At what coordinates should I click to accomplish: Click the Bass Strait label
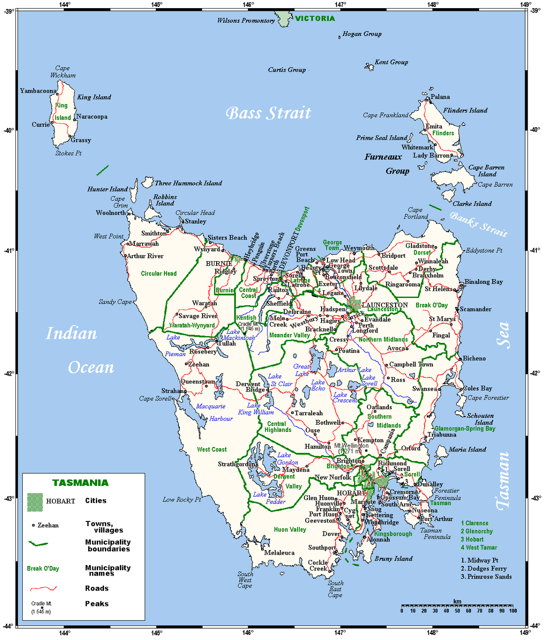click(268, 113)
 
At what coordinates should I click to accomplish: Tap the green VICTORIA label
click(315, 19)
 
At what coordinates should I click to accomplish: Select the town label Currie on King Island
click(40, 124)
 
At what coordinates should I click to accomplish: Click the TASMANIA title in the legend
click(80, 483)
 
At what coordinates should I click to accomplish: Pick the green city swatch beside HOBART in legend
click(35, 502)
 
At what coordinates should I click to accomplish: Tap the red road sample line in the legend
click(43, 589)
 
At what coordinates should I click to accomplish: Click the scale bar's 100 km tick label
click(513, 610)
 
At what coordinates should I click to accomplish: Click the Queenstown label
click(198, 382)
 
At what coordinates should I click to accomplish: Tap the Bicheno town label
click(474, 358)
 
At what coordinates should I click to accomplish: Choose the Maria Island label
click(467, 449)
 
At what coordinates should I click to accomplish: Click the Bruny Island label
click(393, 559)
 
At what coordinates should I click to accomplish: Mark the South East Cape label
click(335, 589)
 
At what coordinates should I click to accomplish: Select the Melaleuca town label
click(279, 553)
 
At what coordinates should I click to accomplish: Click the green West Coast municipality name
click(212, 449)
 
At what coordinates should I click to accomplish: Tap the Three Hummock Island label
click(188, 183)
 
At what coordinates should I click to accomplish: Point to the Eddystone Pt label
click(484, 250)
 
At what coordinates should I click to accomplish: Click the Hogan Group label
click(362, 34)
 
